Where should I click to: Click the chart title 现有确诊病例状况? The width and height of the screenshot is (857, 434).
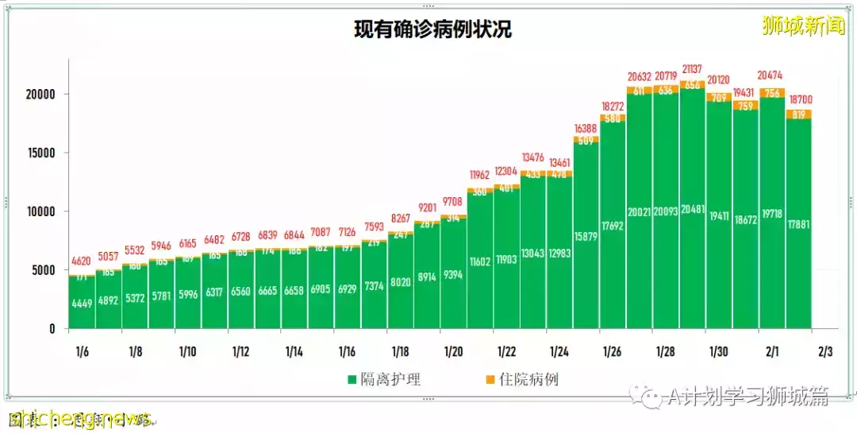(432, 30)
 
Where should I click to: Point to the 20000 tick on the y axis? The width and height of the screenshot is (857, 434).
(38, 94)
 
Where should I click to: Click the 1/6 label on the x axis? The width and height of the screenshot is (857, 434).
(82, 351)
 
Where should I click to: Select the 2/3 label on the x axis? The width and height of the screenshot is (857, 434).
(825, 351)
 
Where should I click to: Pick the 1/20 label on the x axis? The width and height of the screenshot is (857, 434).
(453, 351)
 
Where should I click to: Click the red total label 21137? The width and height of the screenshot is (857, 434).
(693, 69)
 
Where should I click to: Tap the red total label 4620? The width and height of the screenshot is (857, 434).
(82, 260)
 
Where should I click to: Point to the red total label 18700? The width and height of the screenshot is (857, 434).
(799, 99)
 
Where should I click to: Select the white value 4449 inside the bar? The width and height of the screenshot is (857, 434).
(82, 302)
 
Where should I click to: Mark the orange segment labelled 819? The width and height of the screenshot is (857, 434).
(799, 114)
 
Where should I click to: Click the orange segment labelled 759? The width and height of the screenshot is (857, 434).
(746, 105)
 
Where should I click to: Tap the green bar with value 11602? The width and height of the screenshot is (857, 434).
(480, 262)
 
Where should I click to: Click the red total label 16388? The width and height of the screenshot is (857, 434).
(586, 128)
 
